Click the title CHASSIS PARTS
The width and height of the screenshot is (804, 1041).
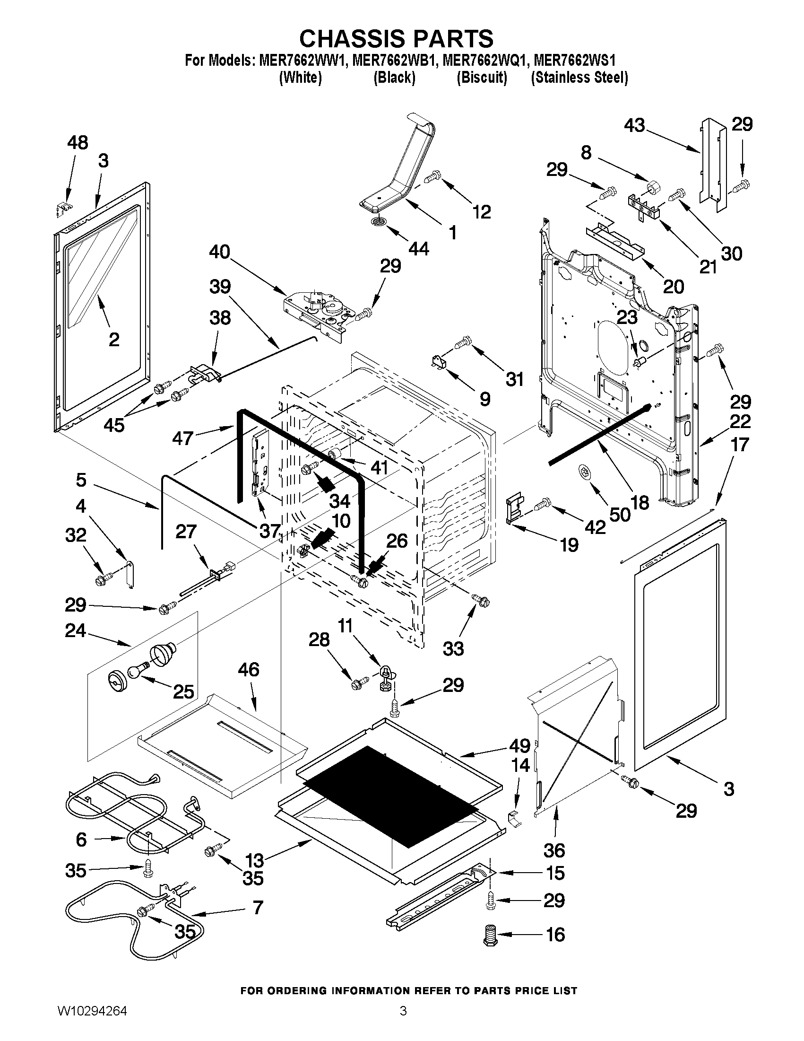396,38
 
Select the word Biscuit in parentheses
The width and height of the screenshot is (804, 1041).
482,78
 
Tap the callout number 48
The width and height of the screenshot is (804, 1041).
78,142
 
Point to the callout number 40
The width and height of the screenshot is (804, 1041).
219,252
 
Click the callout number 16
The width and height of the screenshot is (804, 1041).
555,935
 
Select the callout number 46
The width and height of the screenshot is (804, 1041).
248,670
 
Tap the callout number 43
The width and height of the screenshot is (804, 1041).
634,125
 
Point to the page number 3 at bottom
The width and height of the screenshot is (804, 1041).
403,1021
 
